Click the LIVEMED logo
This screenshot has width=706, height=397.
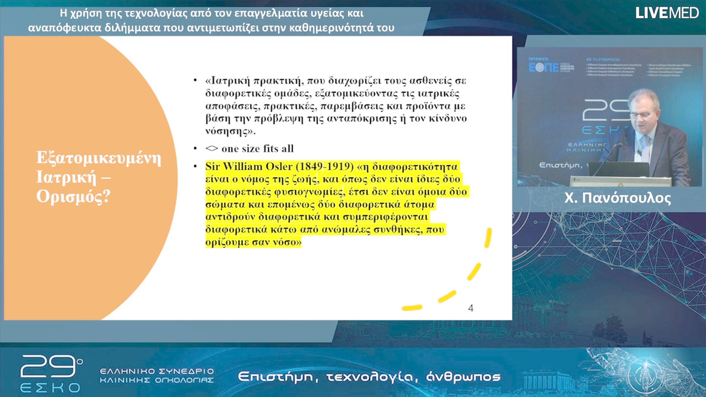(667, 12)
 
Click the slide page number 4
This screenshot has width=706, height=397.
(471, 308)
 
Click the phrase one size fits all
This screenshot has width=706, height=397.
(257, 148)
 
